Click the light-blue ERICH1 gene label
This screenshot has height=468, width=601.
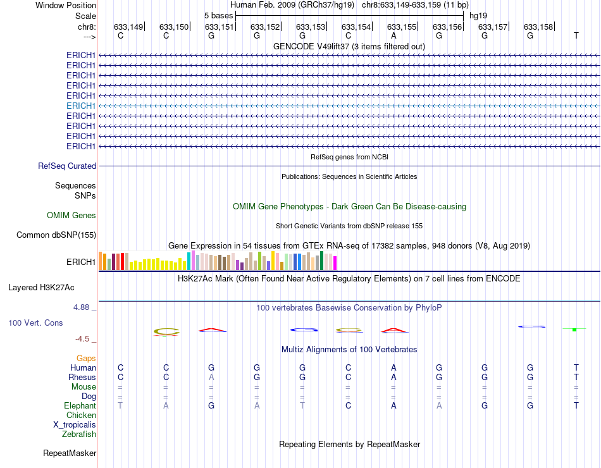(81, 106)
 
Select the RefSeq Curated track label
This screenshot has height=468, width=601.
(67, 166)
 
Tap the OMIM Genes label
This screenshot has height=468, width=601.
(71, 216)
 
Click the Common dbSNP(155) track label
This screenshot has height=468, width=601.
(56, 235)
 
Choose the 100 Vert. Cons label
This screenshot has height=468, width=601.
(35, 323)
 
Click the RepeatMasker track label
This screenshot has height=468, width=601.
(70, 453)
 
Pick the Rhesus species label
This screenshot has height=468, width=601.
(82, 377)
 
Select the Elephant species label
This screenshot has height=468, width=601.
(80, 405)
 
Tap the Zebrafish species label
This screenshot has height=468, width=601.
(79, 434)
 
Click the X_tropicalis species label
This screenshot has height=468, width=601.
(75, 424)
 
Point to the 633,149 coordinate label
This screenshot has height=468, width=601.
(128, 27)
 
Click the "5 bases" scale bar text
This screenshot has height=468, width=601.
(218, 15)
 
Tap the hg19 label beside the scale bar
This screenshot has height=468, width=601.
(478, 15)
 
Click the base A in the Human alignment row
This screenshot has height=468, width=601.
(393, 367)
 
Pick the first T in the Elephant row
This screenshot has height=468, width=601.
(120, 405)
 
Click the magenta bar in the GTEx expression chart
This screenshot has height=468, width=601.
(335, 262)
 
